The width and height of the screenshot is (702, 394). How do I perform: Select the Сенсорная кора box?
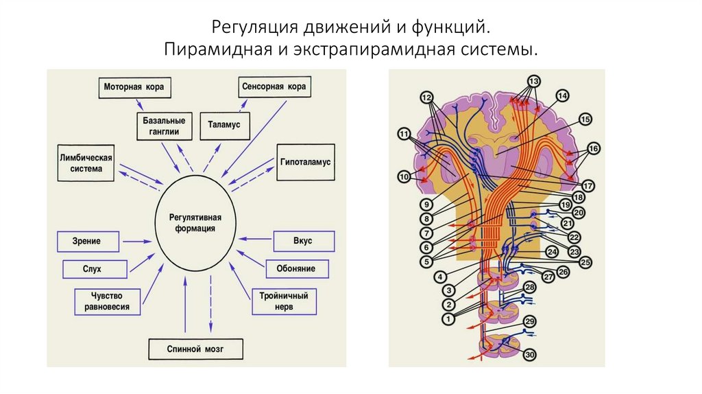click(x=274, y=88)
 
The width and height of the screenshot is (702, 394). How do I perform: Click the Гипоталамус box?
click(x=305, y=163)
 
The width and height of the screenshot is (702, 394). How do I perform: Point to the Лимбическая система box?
click(x=85, y=163)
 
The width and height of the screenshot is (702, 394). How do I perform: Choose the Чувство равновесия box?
click(x=107, y=301)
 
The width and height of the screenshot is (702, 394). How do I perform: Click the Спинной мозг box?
click(x=195, y=349)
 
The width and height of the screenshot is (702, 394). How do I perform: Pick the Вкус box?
click(x=304, y=242)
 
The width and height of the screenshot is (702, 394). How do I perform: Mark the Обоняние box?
click(x=296, y=268)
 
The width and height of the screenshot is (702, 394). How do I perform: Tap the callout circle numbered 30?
click(x=529, y=355)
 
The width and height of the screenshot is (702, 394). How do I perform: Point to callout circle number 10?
click(x=404, y=177)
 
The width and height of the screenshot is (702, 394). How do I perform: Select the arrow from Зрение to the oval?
click(x=137, y=241)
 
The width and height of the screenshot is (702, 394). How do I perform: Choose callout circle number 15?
click(x=584, y=119)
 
